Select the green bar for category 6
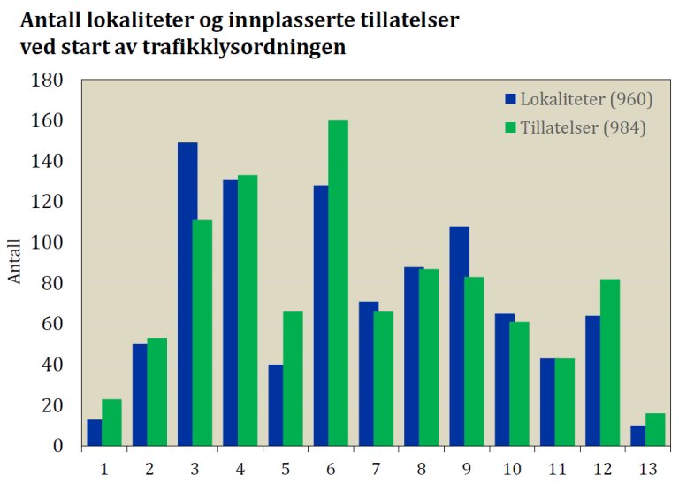coord(338,283)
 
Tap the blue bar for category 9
coord(460,336)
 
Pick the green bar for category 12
coord(610,362)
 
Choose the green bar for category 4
coord(247,311)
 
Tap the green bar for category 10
coord(519,383)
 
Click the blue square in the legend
coord(510,97)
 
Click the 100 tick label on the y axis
coord(50,243)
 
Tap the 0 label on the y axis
coord(58,446)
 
